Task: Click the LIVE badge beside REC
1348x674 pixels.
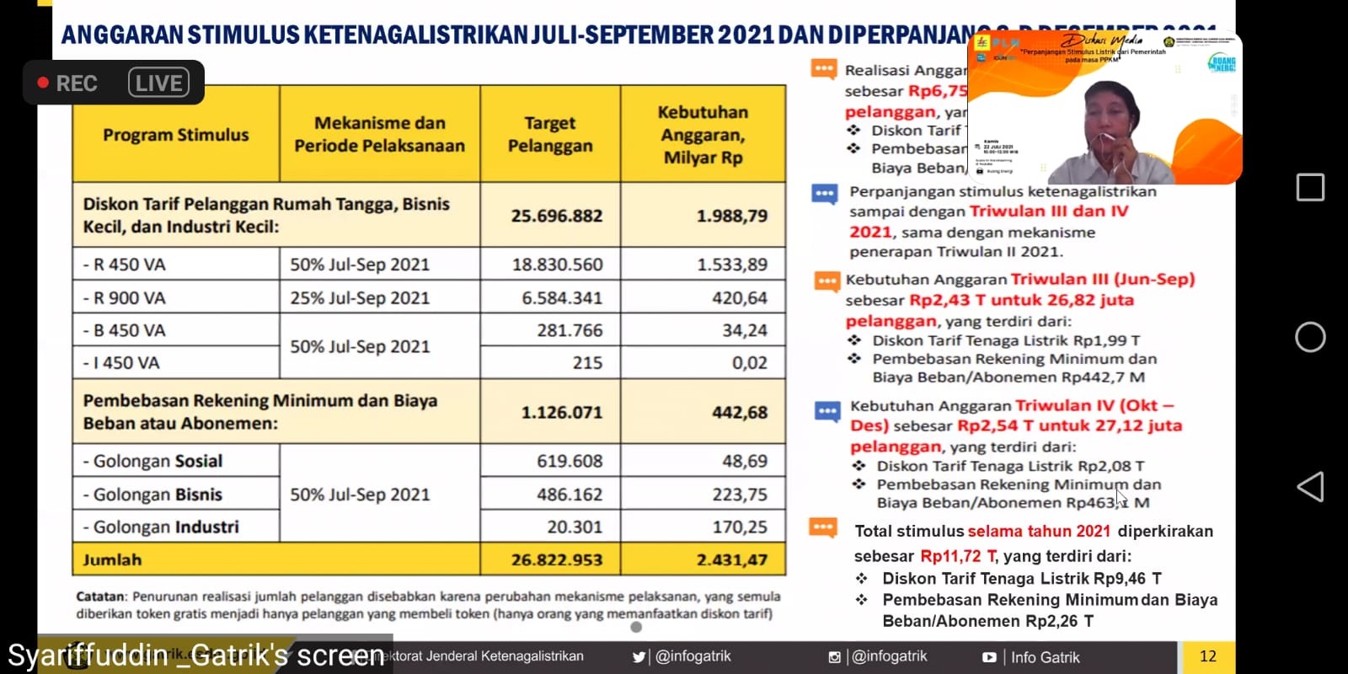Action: pyautogui.click(x=158, y=83)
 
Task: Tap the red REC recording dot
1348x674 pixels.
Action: pyautogui.click(x=43, y=83)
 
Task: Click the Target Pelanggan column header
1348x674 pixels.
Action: pyautogui.click(x=550, y=134)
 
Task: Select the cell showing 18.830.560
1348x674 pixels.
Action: pyautogui.click(x=557, y=265)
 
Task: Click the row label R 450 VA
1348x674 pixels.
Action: pyautogui.click(x=125, y=265)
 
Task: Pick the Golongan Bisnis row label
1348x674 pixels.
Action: pyautogui.click(x=153, y=495)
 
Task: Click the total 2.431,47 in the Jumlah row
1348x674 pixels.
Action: pyautogui.click(x=731, y=559)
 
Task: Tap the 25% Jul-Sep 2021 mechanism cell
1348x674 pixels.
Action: pyautogui.click(x=360, y=297)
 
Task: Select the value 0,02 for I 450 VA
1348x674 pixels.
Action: pyautogui.click(x=749, y=363)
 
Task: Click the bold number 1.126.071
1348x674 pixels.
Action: pyautogui.click(x=561, y=412)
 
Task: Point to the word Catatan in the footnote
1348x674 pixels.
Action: pyautogui.click(x=100, y=596)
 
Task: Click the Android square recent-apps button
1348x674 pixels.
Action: pyautogui.click(x=1310, y=187)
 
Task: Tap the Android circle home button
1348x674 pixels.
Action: pyautogui.click(x=1310, y=337)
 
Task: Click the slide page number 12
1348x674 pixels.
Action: pyautogui.click(x=1207, y=656)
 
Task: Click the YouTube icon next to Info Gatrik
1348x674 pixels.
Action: pyautogui.click(x=989, y=657)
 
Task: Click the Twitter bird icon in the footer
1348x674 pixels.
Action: pyautogui.click(x=639, y=657)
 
